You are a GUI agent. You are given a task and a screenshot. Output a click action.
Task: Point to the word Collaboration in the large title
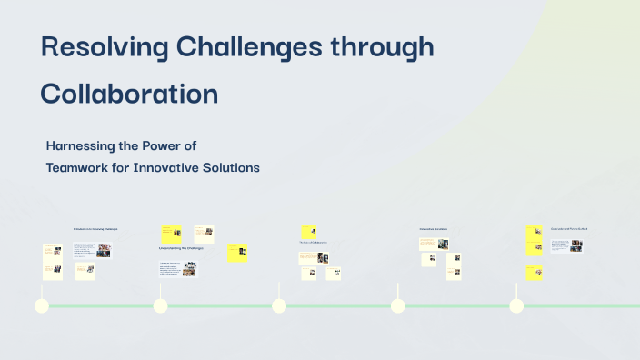coord(129,94)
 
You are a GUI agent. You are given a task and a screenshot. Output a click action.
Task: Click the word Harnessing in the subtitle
coord(82,145)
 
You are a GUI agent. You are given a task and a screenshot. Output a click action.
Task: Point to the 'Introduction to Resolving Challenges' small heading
coord(95,228)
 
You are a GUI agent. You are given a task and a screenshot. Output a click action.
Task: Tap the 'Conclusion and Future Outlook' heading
coord(569,228)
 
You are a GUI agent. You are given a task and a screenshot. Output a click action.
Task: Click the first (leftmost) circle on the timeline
coord(41,305)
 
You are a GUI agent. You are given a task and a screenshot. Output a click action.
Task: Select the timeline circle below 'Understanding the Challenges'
coord(160,305)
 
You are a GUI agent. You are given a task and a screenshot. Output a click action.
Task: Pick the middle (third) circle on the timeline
coord(279,305)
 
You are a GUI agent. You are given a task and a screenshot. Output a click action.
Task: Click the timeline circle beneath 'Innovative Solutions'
coord(397,305)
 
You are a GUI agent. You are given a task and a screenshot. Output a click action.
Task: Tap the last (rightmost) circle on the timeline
coord(516,305)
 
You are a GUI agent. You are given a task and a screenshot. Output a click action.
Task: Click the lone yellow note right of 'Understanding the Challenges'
coord(237,253)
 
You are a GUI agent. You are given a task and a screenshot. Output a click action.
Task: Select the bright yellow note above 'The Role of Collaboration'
coord(308,233)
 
